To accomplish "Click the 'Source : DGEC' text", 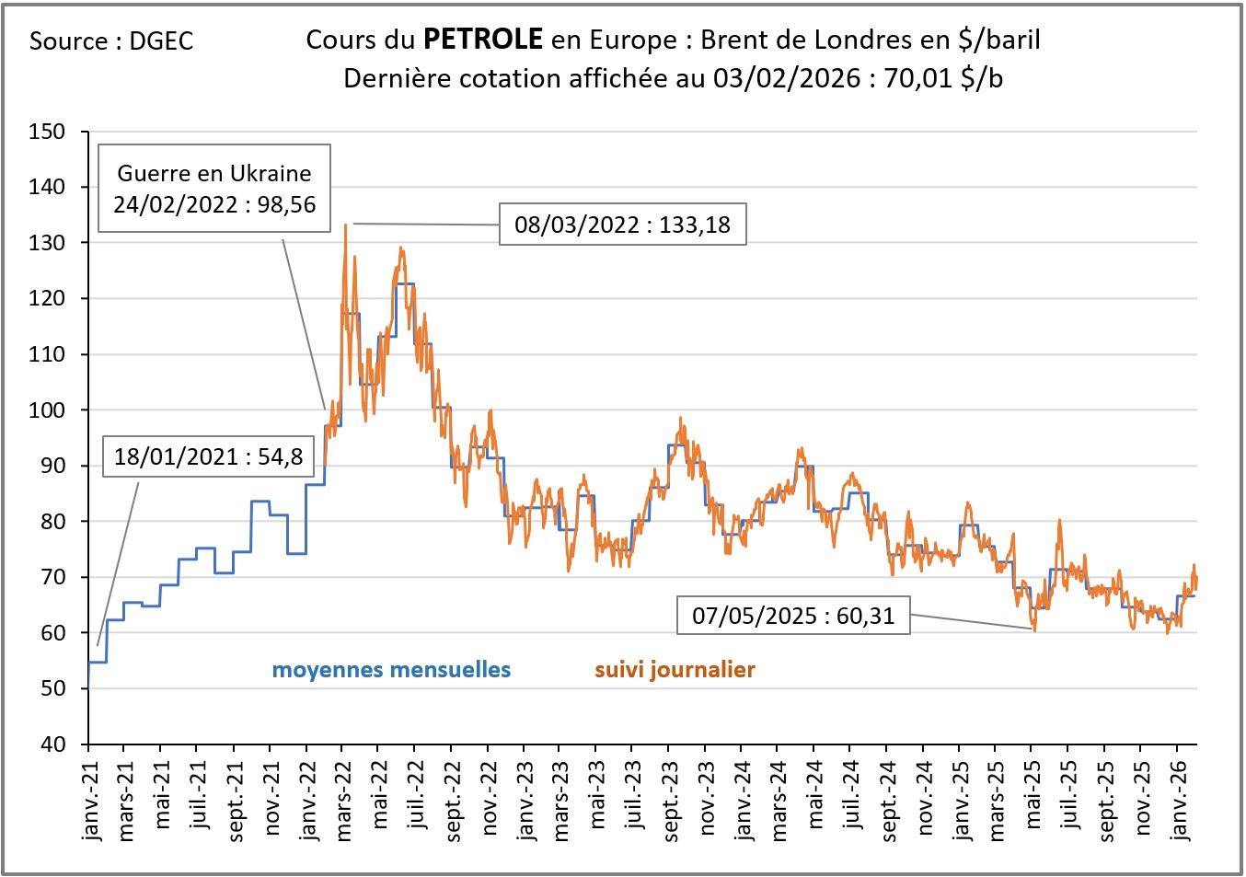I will (x=111, y=41).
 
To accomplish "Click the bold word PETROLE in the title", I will (x=482, y=40).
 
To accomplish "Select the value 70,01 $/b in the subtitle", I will (x=943, y=78).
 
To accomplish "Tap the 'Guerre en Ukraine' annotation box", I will (x=214, y=188).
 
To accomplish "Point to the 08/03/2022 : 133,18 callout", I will (x=622, y=225).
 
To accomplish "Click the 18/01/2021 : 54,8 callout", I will (x=208, y=456).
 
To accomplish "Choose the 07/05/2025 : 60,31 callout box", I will (x=793, y=616).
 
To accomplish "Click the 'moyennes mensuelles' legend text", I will (x=391, y=670).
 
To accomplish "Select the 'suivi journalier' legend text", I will (x=675, y=670).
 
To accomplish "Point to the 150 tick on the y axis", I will (x=47, y=132).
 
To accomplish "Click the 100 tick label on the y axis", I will (x=47, y=410).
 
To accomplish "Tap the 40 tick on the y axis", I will (x=52, y=744).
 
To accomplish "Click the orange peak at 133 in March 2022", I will (x=345, y=225).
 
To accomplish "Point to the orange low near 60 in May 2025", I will (x=1034, y=629).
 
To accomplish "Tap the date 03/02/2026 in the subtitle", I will (x=786, y=78).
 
